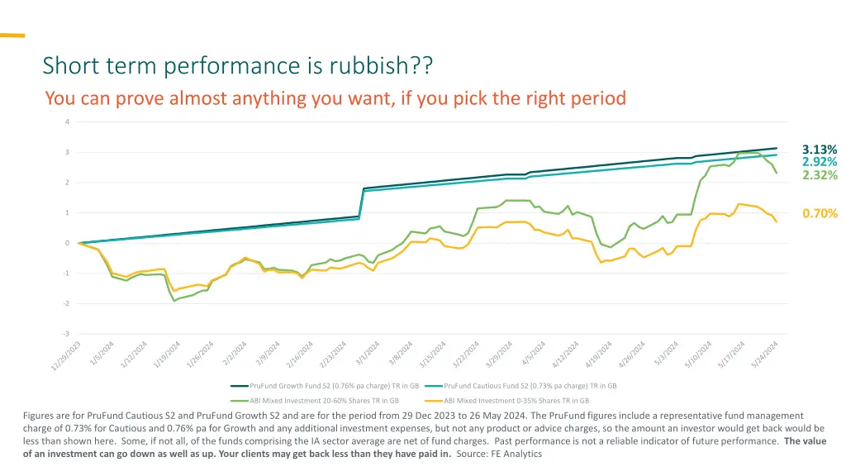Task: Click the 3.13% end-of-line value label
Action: tap(819, 150)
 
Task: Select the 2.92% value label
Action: tap(819, 162)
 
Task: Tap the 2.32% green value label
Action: tap(819, 175)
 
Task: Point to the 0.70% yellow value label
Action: tap(820, 214)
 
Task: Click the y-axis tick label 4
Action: tap(68, 122)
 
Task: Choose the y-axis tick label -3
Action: tap(67, 334)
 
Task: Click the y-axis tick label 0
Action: tap(68, 243)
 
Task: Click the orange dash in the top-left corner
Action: tap(12, 36)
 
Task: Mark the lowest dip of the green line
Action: tap(174, 300)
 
